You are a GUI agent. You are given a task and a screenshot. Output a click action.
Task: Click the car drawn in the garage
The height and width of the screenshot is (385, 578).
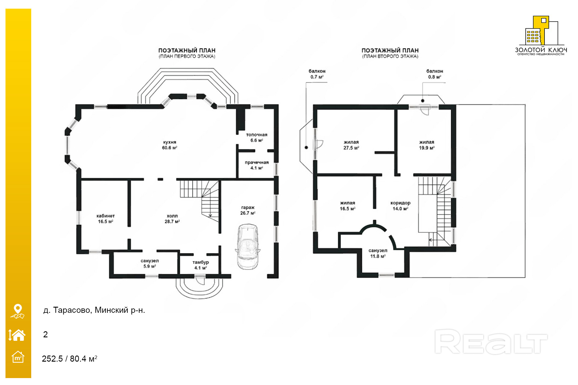[x=248, y=246]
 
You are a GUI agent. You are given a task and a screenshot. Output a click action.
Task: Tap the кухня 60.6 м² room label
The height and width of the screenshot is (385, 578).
[x=170, y=145]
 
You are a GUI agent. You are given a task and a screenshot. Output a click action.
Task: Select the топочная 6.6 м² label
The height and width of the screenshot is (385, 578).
[x=257, y=137]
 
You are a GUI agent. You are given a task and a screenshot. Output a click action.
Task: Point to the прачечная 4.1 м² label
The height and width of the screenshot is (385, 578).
[x=257, y=165]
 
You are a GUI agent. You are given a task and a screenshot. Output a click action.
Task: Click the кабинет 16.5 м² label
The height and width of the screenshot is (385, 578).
[x=105, y=219]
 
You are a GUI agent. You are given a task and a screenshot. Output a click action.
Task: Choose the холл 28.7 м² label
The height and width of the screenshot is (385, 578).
[x=172, y=219]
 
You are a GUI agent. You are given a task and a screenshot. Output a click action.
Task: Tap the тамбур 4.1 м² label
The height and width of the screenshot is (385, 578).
[x=201, y=265]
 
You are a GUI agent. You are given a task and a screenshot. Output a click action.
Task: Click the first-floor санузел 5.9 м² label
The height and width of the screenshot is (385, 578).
[x=150, y=263]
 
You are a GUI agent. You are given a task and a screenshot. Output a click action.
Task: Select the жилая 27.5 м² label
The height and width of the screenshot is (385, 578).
[x=351, y=145]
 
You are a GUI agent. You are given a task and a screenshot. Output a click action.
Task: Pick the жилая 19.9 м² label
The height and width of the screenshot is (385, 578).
[x=427, y=145]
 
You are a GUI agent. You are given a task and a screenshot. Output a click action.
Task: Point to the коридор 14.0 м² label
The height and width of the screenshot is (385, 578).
[x=400, y=206]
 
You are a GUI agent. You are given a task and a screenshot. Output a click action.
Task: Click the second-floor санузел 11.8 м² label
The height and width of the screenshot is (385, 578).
[x=378, y=253]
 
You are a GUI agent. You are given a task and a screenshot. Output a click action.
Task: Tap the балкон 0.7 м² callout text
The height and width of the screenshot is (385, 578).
[x=317, y=74]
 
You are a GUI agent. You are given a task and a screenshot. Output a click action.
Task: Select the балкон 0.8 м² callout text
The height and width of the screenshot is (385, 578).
[x=435, y=74]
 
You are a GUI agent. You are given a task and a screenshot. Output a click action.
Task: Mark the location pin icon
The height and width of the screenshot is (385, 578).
[x=18, y=311]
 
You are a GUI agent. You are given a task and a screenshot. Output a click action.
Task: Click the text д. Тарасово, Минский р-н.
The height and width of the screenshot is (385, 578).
[x=94, y=310]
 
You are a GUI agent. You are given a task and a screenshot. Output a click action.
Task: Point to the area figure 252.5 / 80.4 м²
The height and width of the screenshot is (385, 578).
[x=70, y=359]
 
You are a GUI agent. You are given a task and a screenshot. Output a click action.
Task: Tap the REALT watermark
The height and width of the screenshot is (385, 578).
[x=491, y=342]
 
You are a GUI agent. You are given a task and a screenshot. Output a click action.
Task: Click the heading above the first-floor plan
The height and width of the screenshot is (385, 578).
[x=187, y=53]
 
